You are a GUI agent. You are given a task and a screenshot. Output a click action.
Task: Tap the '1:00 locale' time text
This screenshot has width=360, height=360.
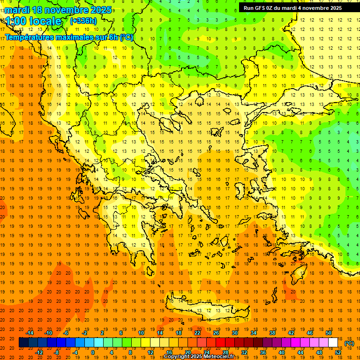click(x=33, y=21)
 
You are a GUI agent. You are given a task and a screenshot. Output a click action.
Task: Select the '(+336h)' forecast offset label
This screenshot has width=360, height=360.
click(x=83, y=21)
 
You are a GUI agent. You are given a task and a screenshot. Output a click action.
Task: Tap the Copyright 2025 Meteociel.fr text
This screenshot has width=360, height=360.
click(x=199, y=357)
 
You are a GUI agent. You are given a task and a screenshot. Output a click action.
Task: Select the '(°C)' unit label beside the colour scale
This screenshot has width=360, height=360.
click(x=349, y=343)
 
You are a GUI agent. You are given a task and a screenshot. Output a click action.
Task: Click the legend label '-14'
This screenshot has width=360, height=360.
click(x=30, y=333)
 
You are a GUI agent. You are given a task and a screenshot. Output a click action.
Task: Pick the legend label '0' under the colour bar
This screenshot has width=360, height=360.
click(x=93, y=352)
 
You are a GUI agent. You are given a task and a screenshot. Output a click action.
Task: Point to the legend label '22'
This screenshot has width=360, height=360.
click(x=197, y=333)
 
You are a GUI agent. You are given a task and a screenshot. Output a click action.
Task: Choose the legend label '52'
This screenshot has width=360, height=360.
click(x=337, y=352)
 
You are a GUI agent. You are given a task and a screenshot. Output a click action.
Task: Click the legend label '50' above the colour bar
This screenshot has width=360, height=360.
click(x=328, y=333)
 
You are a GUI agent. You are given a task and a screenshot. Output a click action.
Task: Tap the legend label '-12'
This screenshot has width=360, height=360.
click(x=39, y=352)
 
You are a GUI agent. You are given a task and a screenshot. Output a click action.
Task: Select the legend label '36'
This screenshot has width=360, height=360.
click(x=263, y=352)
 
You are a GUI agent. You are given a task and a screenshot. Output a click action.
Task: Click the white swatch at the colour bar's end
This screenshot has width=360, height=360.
click(x=333, y=343)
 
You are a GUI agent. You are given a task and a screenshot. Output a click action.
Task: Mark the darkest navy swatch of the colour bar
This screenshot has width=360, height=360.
click(x=23, y=343)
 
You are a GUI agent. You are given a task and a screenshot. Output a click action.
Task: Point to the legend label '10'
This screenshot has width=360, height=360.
click(x=141, y=333)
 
